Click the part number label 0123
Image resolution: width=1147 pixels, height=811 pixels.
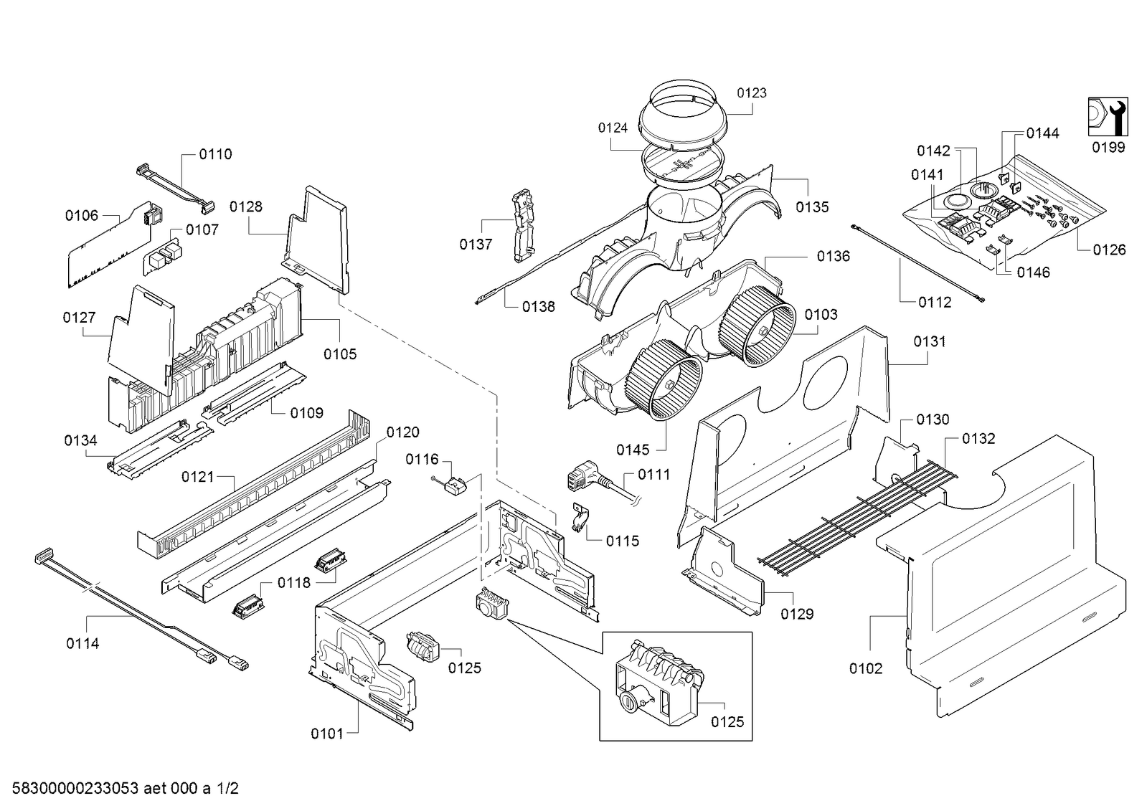click(752, 93)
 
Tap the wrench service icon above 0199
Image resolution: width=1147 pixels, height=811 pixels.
click(1108, 117)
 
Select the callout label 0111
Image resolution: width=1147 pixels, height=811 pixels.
click(654, 475)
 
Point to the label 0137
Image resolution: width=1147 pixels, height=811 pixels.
click(476, 245)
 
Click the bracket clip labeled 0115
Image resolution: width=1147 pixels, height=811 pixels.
click(580, 517)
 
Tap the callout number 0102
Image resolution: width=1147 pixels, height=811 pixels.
click(866, 668)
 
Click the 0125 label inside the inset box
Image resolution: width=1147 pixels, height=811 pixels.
click(727, 721)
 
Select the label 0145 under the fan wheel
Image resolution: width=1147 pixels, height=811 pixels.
click(633, 450)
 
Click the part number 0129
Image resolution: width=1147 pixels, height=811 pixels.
click(797, 613)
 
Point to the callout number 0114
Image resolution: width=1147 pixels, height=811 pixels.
click(82, 643)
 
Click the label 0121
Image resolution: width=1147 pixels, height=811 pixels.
click(198, 477)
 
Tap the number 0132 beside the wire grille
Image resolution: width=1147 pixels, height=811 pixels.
click(978, 438)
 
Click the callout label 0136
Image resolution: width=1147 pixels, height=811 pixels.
click(833, 256)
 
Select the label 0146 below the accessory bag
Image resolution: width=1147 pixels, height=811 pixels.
click(1034, 272)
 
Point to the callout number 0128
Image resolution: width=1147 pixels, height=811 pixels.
click(246, 207)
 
